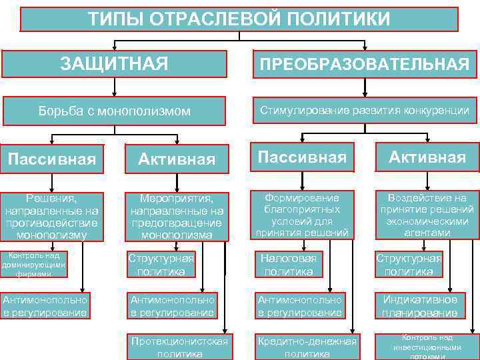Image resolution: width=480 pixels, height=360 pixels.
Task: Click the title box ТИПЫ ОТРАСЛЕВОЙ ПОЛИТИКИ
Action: pyautogui.click(x=239, y=19)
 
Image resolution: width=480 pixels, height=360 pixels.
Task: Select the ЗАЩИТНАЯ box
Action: pyautogui.click(x=114, y=64)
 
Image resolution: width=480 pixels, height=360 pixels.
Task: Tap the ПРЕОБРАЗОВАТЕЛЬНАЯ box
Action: pyautogui.click(x=364, y=64)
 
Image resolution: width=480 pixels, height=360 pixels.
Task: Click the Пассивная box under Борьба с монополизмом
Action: pyautogui.click(x=52, y=159)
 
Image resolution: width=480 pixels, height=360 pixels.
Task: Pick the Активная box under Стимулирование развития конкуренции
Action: pyautogui.click(x=427, y=157)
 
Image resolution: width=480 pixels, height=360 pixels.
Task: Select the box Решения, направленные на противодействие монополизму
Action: pyautogui.click(x=52, y=217)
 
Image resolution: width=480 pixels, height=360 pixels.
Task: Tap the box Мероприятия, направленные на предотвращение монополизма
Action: pyautogui.click(x=176, y=217)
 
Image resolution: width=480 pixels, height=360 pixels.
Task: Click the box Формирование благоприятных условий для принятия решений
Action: pyautogui.click(x=301, y=215)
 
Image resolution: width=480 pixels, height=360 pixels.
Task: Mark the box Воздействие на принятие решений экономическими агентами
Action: pyautogui.click(x=427, y=215)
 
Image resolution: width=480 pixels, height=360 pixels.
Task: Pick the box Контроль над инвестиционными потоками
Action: pyautogui.click(x=427, y=346)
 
